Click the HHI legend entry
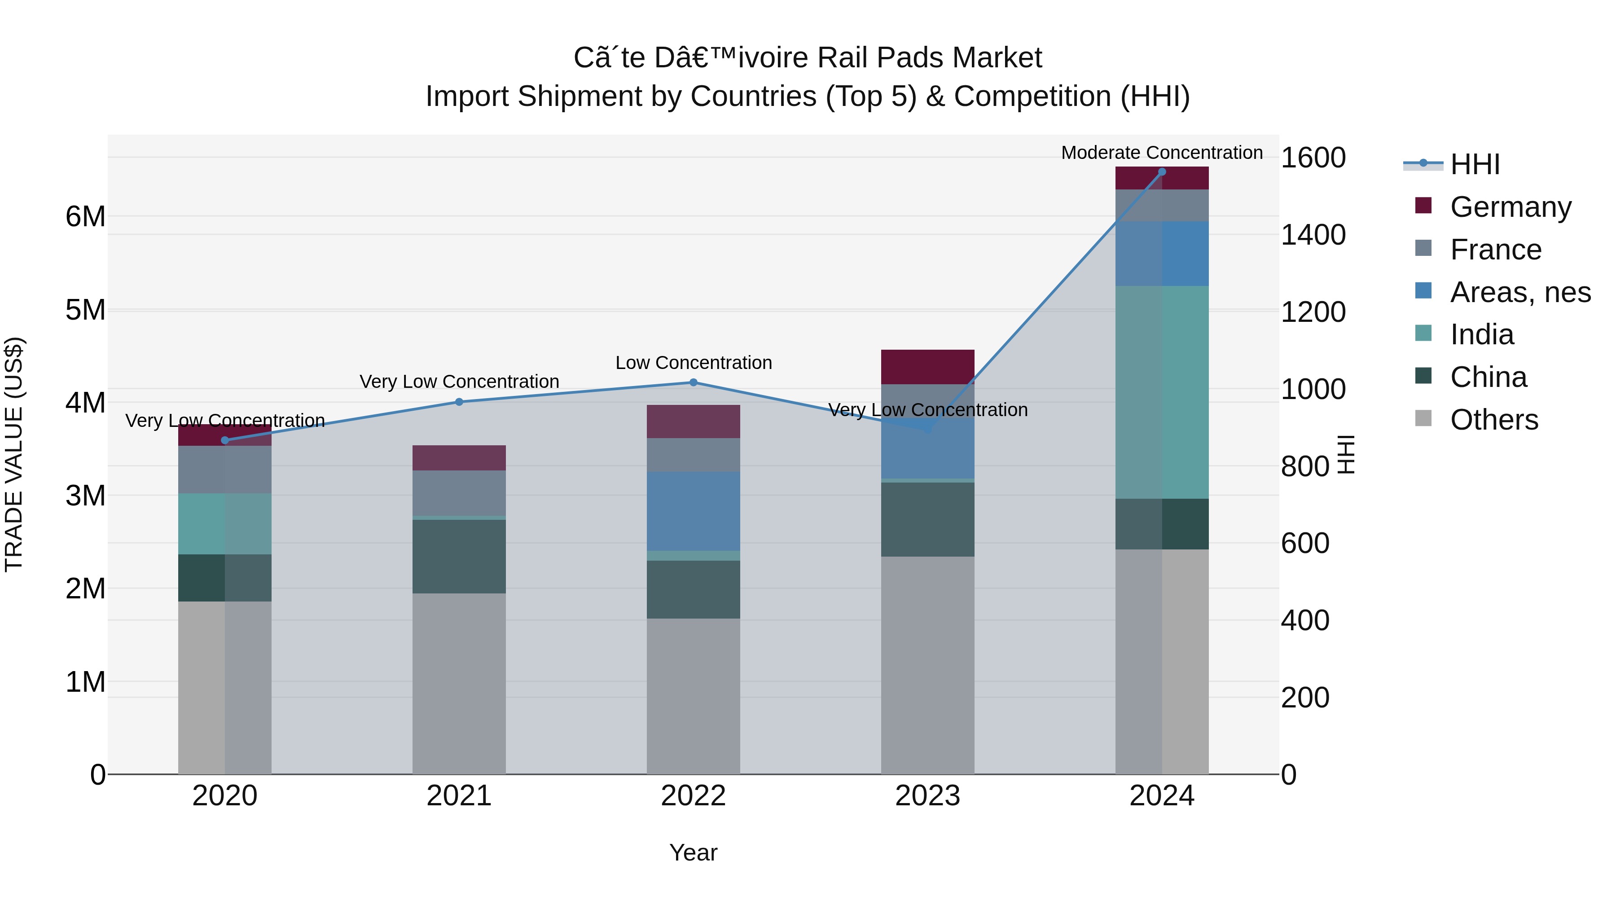pos(1474,164)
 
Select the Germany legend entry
pos(1510,207)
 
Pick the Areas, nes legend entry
pos(1519,292)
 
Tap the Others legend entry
pos(1493,420)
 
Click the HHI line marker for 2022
pos(693,382)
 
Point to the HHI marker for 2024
pos(1161,172)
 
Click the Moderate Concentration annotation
pos(1161,153)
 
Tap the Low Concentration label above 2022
pos(693,363)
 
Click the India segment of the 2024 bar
pos(1161,392)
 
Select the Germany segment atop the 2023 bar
pos(927,367)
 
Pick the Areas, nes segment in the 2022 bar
pos(693,511)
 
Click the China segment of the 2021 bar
pos(459,557)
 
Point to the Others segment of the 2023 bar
pos(927,665)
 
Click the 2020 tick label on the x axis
pos(224,796)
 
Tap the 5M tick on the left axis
pos(85,310)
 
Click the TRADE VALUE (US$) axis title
pos(14,454)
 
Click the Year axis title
pos(693,852)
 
